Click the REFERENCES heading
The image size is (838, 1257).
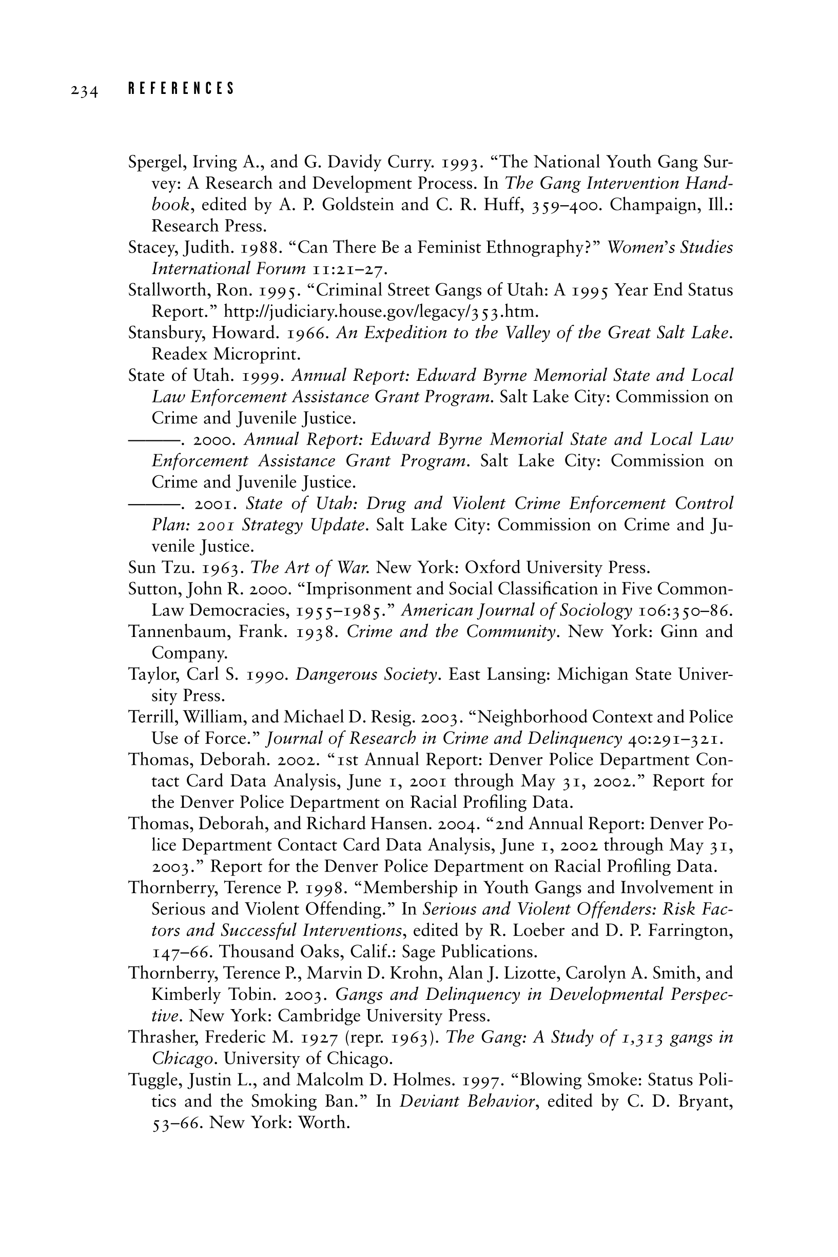tap(181, 89)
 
